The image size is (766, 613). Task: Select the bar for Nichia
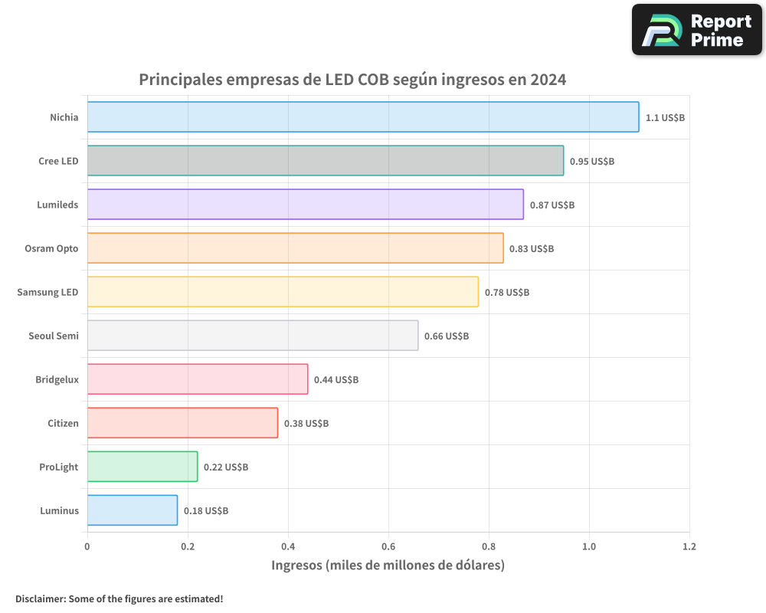tap(363, 117)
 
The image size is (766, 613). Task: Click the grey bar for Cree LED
tap(326, 161)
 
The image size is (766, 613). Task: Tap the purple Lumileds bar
tap(306, 205)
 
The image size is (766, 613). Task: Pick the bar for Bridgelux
tap(198, 379)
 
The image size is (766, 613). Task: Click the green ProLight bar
tap(142, 467)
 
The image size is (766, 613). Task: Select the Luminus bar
tap(133, 510)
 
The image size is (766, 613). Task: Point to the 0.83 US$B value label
tap(532, 249)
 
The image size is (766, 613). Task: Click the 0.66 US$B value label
tap(447, 336)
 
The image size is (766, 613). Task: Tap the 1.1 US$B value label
tap(665, 118)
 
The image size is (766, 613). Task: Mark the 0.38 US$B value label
tap(306, 424)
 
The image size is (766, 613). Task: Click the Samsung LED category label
tap(47, 292)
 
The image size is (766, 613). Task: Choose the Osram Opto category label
tap(51, 248)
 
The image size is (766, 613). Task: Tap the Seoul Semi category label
tap(54, 336)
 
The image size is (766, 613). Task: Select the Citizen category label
tap(63, 423)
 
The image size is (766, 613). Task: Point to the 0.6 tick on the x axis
tap(388, 547)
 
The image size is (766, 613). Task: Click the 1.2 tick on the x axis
tap(689, 547)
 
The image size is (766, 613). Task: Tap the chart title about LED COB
tap(352, 80)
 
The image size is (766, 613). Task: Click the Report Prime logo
tap(697, 31)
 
